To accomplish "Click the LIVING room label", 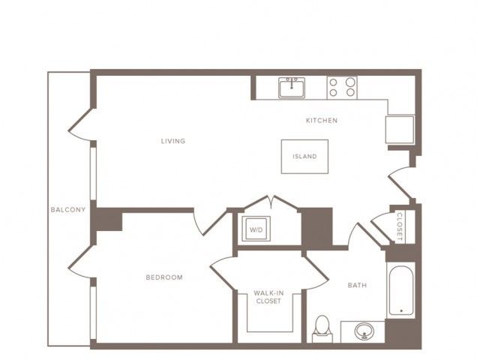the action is coord(173,141).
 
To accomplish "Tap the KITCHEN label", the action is coord(322,120).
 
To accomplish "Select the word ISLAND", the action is coord(304,157).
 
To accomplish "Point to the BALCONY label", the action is coord(68,210).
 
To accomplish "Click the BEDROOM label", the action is coord(164,277).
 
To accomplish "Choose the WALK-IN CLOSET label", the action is coord(268,297).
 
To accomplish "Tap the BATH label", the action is coord(357,285).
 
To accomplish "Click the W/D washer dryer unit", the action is coord(256,229).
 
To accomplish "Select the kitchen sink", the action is coord(292,88).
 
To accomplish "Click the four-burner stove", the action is coord(342,88).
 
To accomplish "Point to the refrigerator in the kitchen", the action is coord(400,130).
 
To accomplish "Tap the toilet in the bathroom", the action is coord(322,329).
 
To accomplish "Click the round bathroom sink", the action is coord(364,331).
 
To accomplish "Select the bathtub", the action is coord(401,290).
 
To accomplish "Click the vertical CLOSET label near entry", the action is coord(400,226).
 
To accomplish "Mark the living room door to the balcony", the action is coord(80,125).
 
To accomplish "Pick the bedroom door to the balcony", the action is coord(80,262).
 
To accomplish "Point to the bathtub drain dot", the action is coord(401,311).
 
